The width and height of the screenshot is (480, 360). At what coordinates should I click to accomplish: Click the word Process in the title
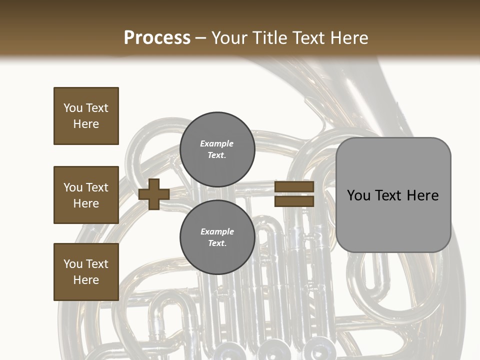[x=157, y=38]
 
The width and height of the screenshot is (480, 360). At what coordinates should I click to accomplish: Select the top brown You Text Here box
[x=86, y=116]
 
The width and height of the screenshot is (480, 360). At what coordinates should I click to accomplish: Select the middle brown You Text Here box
[x=86, y=195]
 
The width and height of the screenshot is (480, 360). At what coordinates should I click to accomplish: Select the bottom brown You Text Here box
[x=86, y=272]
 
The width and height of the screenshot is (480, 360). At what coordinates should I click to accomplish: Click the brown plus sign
[x=153, y=194]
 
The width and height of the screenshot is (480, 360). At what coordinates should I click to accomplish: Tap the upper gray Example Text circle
[x=217, y=149]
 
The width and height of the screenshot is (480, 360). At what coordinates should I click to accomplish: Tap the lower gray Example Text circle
[x=217, y=237]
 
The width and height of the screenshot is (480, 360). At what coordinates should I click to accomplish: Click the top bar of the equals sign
[x=294, y=186]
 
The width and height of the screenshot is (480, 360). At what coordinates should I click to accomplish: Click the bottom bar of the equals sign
[x=294, y=201]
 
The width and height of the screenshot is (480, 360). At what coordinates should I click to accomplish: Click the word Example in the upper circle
[x=217, y=143]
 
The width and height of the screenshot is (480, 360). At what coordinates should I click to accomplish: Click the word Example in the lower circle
[x=217, y=231]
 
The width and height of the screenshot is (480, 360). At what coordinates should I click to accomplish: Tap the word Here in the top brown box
[x=86, y=124]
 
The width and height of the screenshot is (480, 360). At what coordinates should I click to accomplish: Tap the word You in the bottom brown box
[x=73, y=264]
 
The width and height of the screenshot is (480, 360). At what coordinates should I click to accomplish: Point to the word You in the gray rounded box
[x=358, y=195]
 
